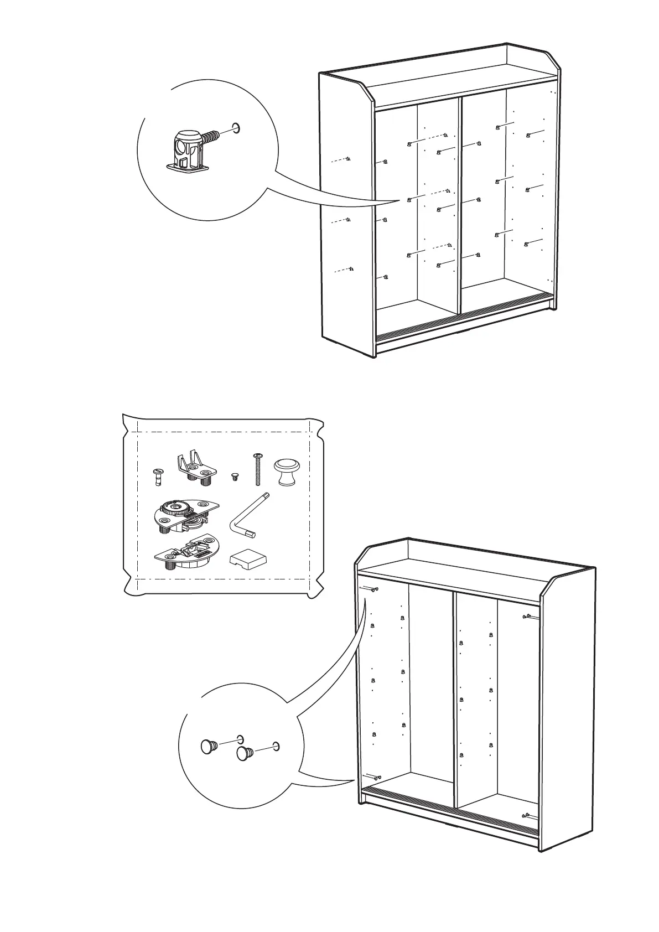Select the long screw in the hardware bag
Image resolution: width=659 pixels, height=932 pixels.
[x=257, y=469]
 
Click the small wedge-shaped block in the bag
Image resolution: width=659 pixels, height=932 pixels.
[x=247, y=560]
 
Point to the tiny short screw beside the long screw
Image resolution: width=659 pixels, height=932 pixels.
[x=235, y=476]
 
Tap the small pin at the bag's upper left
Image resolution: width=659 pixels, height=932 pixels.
[x=157, y=476]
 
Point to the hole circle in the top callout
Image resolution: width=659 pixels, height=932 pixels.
[x=237, y=128]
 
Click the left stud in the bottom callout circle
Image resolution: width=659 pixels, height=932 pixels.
[x=208, y=747]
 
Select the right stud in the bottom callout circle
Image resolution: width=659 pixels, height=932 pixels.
[x=245, y=753]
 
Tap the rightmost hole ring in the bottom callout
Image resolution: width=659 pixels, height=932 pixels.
[x=276, y=746]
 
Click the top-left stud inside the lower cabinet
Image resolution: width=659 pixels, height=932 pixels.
[x=375, y=589]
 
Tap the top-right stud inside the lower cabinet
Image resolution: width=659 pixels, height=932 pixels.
[x=527, y=616]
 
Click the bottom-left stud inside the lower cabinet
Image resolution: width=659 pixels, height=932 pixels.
[x=376, y=778]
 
